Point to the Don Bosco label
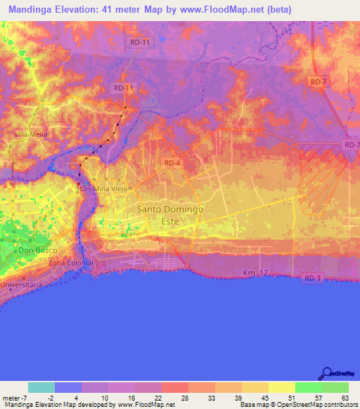36,251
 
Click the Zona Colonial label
70,263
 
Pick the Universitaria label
21,285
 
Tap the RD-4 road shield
172,163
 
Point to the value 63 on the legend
345,397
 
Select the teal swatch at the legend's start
41,387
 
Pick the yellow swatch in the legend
281,387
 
